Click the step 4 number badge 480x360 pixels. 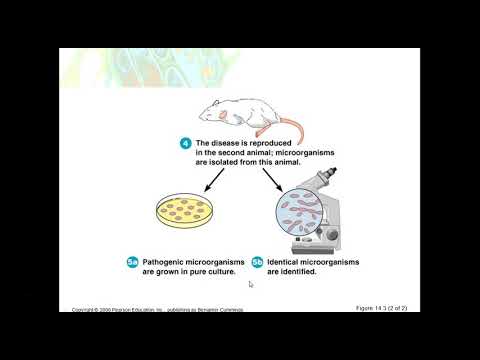186,143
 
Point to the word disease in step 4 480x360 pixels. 228,142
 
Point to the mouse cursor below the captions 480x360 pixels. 250,284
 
